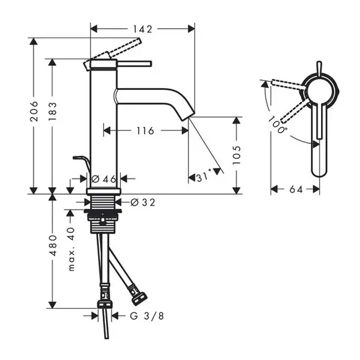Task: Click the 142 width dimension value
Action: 142,29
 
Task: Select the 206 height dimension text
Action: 34,111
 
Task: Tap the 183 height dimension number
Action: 52,111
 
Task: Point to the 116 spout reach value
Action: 145,131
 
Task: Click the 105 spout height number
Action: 236,155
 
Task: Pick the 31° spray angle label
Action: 204,177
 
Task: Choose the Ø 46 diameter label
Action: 104,179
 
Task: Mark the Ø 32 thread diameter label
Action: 142,203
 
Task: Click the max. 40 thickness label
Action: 71,249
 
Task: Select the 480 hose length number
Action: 53,245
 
